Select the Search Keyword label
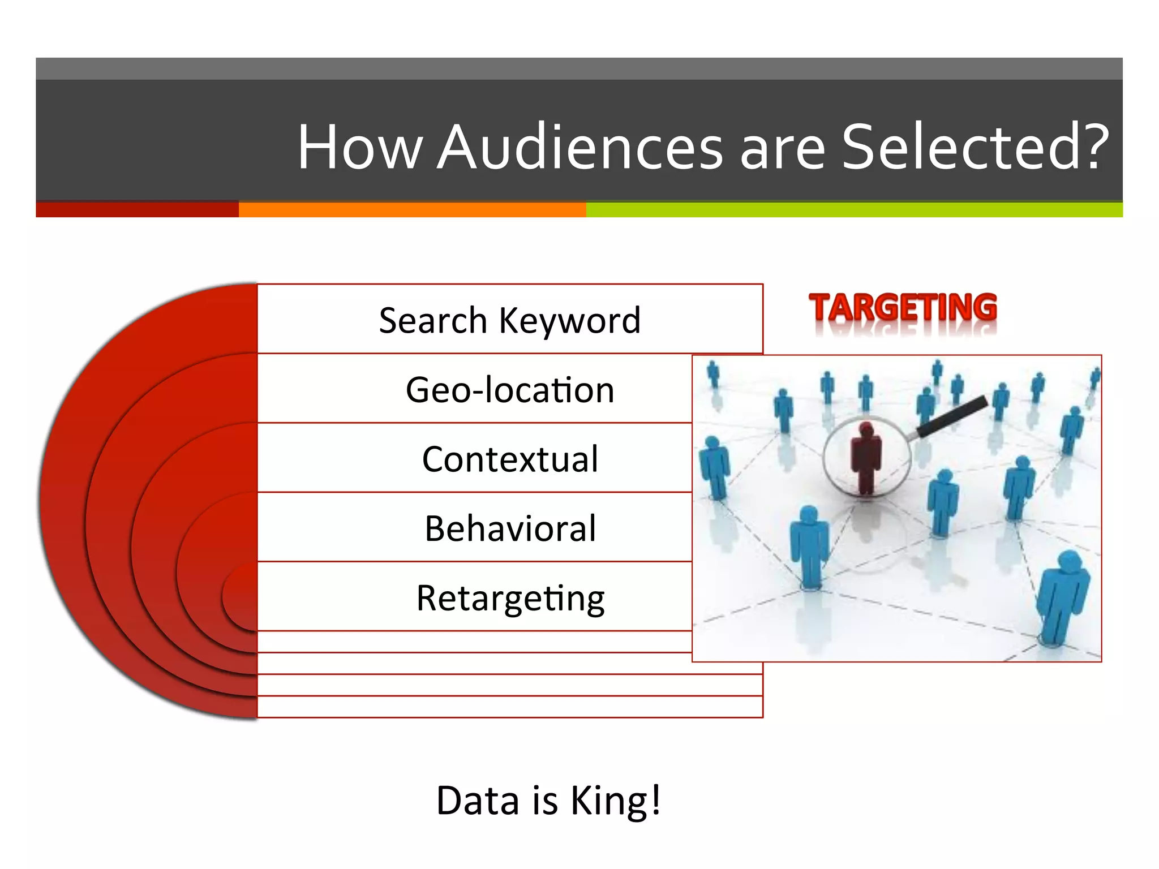pyautogui.click(x=509, y=320)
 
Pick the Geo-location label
pyautogui.click(x=509, y=390)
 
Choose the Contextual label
pyautogui.click(x=509, y=459)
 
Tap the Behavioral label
pyautogui.click(x=509, y=528)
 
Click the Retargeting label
pyautogui.click(x=509, y=598)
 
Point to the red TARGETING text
pyautogui.click(x=903, y=308)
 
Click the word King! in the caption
pyautogui.click(x=615, y=800)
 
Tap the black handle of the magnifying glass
pyautogui.click(x=952, y=416)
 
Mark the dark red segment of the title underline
pyautogui.click(x=137, y=209)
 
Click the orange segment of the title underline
pyautogui.click(x=412, y=209)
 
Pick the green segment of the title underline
pyautogui.click(x=854, y=209)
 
